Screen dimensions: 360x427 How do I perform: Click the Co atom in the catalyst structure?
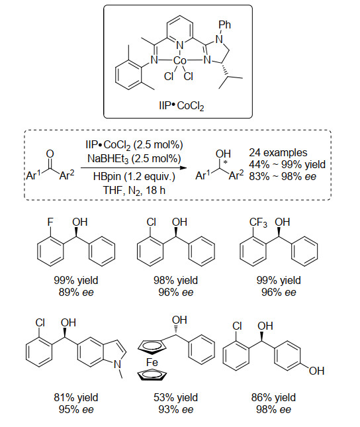[x=180, y=60]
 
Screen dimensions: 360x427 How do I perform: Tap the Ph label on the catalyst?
[x=224, y=24]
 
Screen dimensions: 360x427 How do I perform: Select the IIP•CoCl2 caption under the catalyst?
[x=181, y=106]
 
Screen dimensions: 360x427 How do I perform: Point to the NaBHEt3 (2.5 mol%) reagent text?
[x=134, y=158]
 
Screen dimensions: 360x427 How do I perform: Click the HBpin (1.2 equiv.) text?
[x=134, y=177]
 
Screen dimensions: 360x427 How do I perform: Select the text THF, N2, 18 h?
[x=134, y=190]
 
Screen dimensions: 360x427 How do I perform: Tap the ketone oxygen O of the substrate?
[x=50, y=154]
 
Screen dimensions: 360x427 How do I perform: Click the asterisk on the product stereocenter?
[x=225, y=163]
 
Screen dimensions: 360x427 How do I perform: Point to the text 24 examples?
[x=278, y=152]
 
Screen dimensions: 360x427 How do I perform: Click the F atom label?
[x=50, y=222]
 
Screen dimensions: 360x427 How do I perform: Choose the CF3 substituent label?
[x=258, y=222]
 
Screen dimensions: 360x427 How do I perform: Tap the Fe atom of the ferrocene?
[x=152, y=363]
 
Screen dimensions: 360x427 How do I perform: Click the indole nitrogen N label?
[x=117, y=364]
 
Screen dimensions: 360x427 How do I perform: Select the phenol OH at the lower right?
[x=316, y=371]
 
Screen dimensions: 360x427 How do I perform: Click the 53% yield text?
[x=175, y=398]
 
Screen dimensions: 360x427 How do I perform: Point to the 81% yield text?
[x=76, y=398]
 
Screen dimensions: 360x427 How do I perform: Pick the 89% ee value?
[x=76, y=293]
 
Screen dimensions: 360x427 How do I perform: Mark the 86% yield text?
[x=273, y=398]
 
